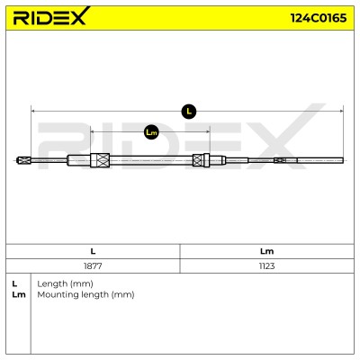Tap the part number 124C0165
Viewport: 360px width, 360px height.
pyautogui.click(x=319, y=18)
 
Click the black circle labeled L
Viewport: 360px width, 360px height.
pyautogui.click(x=189, y=112)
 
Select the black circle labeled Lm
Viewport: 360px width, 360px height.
pyautogui.click(x=151, y=132)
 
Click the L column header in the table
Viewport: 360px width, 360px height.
pyautogui.click(x=93, y=251)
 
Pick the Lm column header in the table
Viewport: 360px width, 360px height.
pyautogui.click(x=266, y=251)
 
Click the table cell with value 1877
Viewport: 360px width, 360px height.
pyautogui.click(x=93, y=265)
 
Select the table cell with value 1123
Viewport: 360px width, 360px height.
pyautogui.click(x=266, y=265)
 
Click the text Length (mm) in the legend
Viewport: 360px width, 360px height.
pyautogui.click(x=65, y=283)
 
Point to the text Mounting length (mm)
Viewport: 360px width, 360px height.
pyautogui.click(x=85, y=294)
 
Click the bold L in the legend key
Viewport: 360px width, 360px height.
pyautogui.click(x=14, y=283)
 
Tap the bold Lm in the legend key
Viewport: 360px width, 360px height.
pyautogui.click(x=19, y=294)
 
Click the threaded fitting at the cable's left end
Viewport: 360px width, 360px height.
pyautogui.click(x=24, y=160)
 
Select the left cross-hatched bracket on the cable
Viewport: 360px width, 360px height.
pyautogui.click(x=100, y=160)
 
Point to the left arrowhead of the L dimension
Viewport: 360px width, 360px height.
pyautogui.click(x=33, y=112)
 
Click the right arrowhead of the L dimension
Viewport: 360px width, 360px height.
pyautogui.click(x=341, y=112)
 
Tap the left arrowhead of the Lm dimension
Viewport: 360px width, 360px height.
pyautogui.click(x=93, y=132)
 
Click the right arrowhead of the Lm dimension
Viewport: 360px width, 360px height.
pyautogui.click(x=207, y=132)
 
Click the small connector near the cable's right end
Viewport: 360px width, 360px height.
pyautogui.click(x=280, y=160)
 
